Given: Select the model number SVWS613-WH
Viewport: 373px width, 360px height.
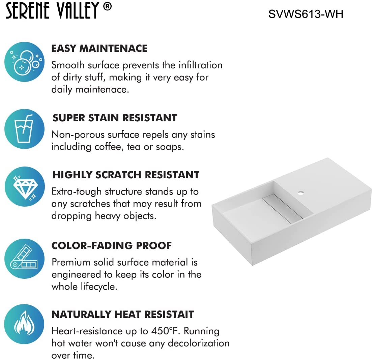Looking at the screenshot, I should click(x=306, y=14).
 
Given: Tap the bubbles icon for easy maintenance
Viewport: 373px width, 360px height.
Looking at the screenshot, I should click(x=24, y=62).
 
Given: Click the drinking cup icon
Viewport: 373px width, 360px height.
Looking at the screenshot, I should click(x=24, y=129).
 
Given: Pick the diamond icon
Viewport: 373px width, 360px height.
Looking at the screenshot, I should click(x=24, y=187).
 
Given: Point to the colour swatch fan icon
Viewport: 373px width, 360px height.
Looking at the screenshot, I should click(x=24, y=259).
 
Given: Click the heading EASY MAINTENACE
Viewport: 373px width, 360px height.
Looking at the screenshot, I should click(x=99, y=49).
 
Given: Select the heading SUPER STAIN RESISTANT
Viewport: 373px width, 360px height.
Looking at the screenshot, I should click(x=115, y=118).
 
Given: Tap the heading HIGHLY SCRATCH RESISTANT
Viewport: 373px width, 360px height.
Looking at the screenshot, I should click(x=126, y=175).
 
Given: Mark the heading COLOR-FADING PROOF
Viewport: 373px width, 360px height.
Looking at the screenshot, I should click(x=112, y=245).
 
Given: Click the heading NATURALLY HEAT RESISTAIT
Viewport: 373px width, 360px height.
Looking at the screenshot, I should click(x=122, y=314).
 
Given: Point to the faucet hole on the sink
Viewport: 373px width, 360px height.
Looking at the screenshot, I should click(x=300, y=193).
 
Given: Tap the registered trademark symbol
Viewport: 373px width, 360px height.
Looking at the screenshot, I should click(x=107, y=7).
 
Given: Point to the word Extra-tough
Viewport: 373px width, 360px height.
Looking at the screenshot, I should click(x=77, y=191).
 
